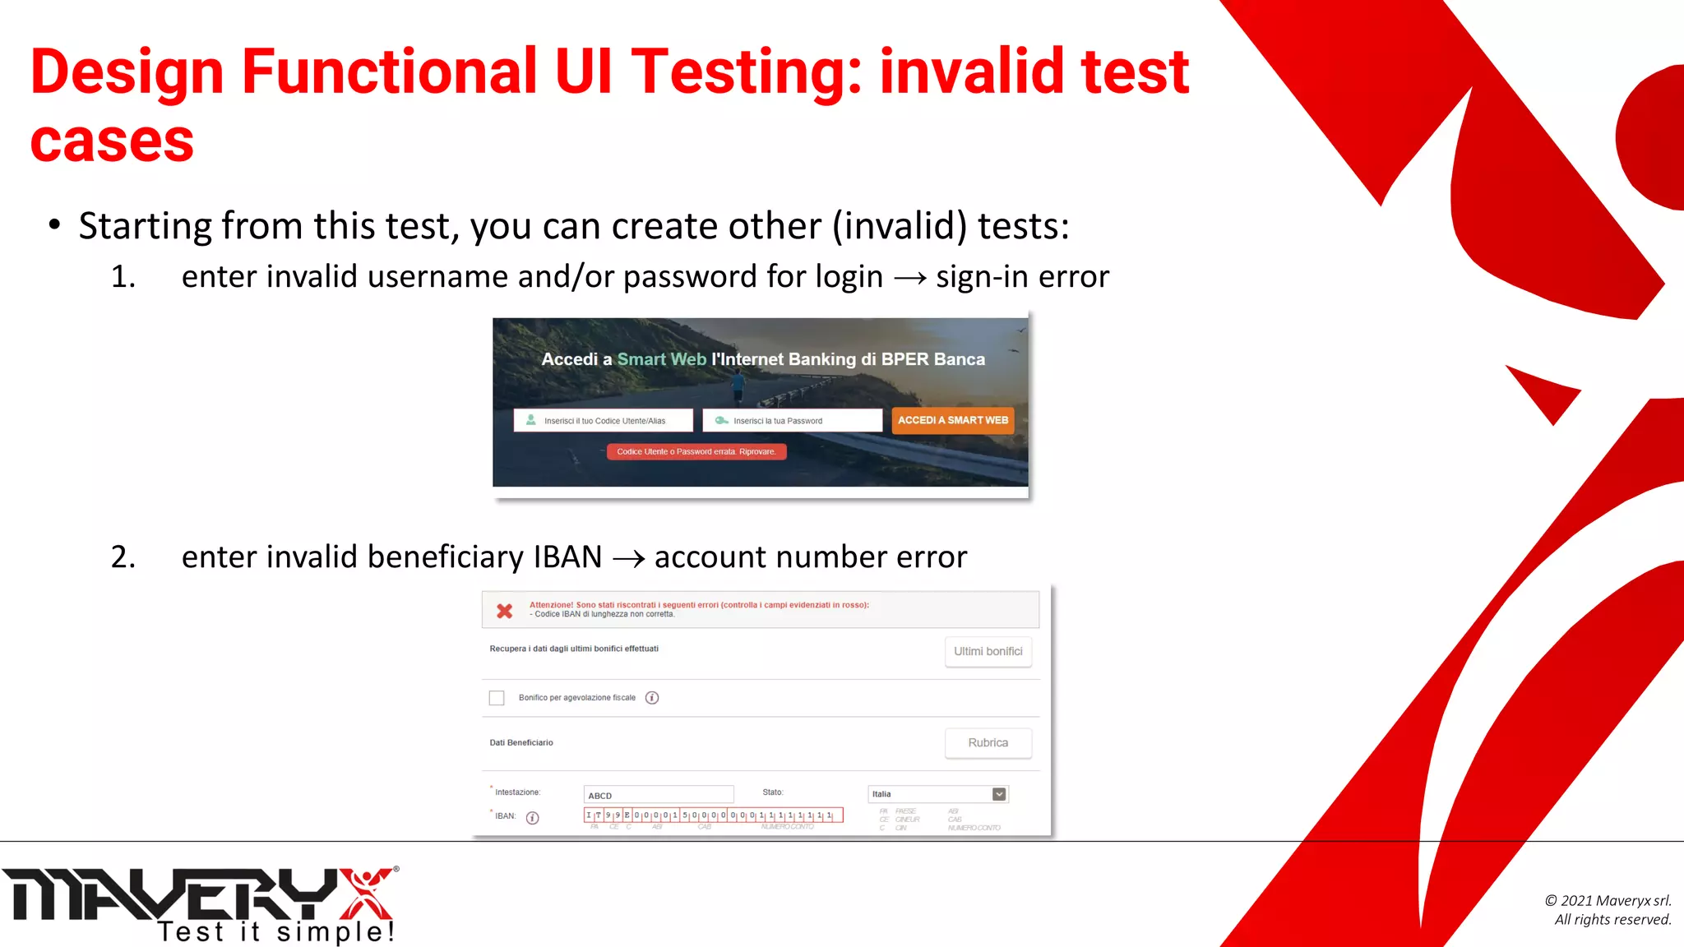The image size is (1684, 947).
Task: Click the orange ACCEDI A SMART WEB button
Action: [952, 420]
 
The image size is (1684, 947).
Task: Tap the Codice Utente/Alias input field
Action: [604, 420]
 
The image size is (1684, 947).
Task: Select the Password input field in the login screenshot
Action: [792, 420]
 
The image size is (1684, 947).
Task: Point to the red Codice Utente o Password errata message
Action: [696, 451]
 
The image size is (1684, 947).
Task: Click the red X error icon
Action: [505, 611]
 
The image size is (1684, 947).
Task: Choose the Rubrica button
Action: [988, 742]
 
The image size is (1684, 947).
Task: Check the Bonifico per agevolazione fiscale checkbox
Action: [497, 698]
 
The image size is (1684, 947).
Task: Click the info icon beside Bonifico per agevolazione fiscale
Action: [652, 698]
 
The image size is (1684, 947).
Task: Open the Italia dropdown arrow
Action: [999, 794]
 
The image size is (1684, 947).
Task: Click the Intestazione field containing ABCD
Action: [658, 795]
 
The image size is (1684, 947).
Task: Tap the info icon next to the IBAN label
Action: [533, 817]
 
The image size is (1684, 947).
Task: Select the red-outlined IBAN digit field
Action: [713, 815]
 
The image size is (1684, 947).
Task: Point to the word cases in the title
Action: [112, 141]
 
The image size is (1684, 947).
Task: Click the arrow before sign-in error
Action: [909, 279]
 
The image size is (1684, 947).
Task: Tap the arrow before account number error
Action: [628, 559]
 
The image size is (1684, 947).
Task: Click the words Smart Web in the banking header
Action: [661, 359]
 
